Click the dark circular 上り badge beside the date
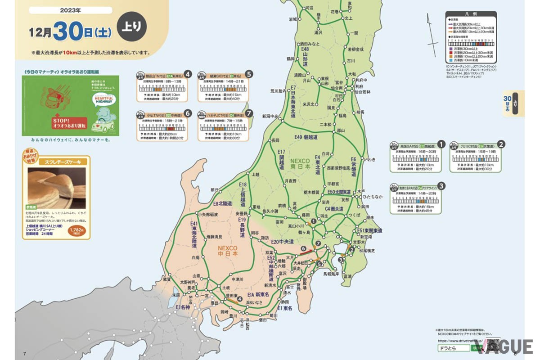132,27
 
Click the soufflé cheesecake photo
57,188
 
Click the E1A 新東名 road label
256,294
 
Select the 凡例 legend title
472,14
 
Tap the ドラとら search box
452,349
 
